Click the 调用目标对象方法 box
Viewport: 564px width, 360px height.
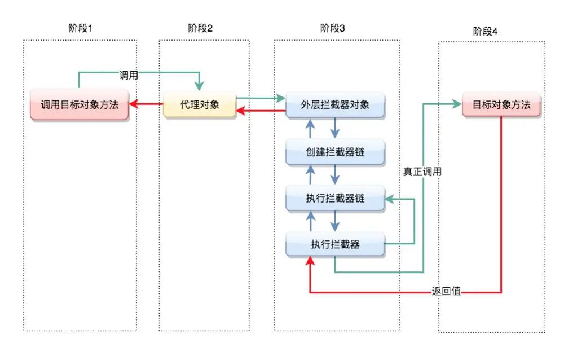[x=80, y=104]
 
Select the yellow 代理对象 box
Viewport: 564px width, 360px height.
[x=200, y=104]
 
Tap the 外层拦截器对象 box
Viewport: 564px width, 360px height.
[x=335, y=105]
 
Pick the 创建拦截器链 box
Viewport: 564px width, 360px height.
[x=335, y=152]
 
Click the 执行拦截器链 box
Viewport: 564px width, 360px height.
[x=335, y=199]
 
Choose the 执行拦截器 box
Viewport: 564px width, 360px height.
[x=335, y=244]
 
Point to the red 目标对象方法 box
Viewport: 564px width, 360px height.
[x=501, y=104]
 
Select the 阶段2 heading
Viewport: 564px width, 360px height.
[x=200, y=28]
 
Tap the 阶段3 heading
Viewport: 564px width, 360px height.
[x=333, y=28]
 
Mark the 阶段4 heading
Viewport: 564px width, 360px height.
[x=486, y=32]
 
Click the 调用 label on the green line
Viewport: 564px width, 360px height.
[x=129, y=75]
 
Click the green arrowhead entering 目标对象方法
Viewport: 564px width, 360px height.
[x=456, y=104]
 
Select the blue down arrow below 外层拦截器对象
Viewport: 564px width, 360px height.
[x=334, y=128]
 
